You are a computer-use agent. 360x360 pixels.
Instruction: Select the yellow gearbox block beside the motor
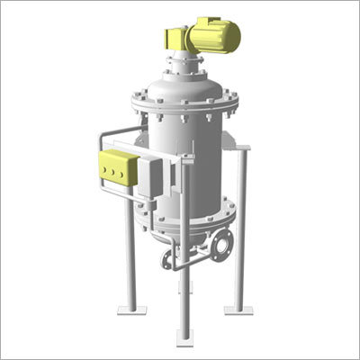[176, 39]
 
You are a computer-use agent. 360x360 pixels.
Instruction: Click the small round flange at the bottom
[167, 261]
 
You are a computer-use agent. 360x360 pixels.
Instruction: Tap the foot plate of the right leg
[238, 309]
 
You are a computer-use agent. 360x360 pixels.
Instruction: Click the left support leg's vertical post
[130, 252]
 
